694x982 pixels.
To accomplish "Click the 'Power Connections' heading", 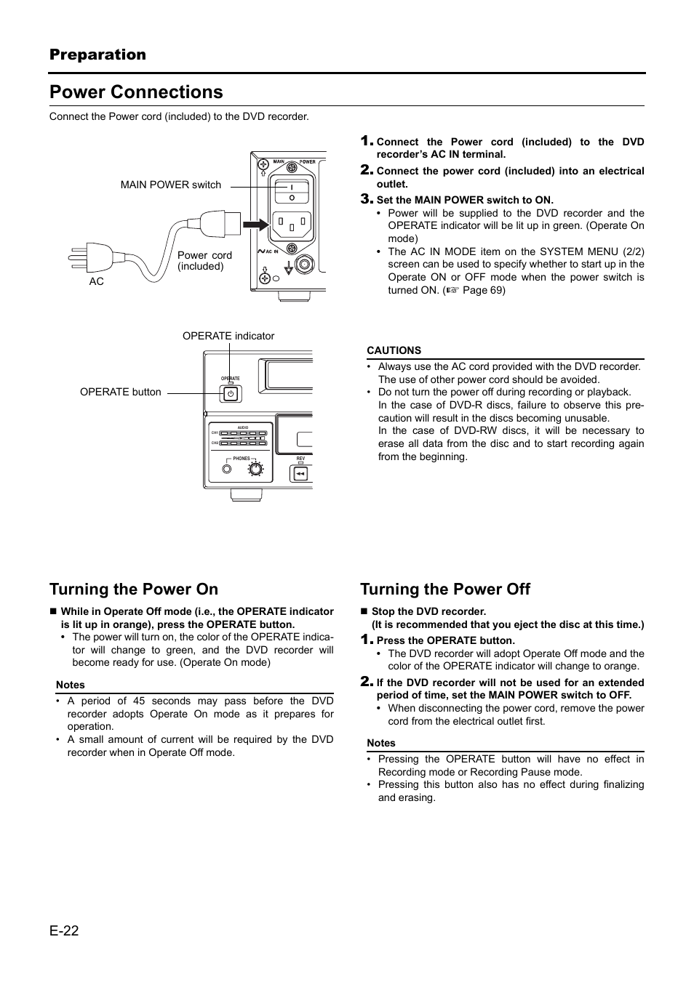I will [x=136, y=92].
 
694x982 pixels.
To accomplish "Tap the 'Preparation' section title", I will [x=97, y=55].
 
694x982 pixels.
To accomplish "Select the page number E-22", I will [x=64, y=930].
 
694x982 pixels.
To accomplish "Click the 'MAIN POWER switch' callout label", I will [x=171, y=185].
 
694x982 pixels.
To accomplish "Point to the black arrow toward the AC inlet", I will [x=255, y=225].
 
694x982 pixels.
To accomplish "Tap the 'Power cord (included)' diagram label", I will [x=204, y=261].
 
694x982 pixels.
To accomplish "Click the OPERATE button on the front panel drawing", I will [x=230, y=394].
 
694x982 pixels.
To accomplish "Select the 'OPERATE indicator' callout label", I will [x=228, y=336].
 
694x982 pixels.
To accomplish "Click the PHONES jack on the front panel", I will [x=228, y=469].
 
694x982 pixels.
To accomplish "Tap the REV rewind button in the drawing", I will [x=300, y=474].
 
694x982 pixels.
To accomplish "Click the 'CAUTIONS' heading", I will [x=394, y=350].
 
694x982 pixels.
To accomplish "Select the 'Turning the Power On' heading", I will [x=134, y=589].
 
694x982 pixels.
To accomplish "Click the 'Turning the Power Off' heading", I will [x=445, y=589].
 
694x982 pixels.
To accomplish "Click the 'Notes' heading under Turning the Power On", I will [x=71, y=685].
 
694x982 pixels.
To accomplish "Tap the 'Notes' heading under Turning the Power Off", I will [x=381, y=743].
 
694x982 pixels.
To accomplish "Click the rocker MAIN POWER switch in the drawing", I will [x=291, y=191].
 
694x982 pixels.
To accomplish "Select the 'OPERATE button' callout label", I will [x=121, y=392].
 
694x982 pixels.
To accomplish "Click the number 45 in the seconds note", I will [x=139, y=701].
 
